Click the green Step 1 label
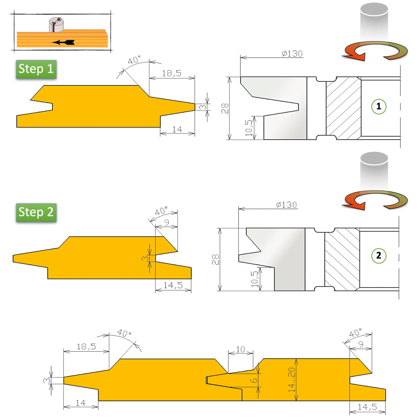[x=36, y=69]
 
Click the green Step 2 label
[x=36, y=212]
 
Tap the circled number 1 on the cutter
[x=378, y=106]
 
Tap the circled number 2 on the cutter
[x=378, y=255]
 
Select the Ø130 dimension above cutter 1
[x=292, y=54]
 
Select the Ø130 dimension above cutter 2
[x=286, y=205]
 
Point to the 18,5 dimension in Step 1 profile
[x=171, y=73]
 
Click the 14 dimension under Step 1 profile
[x=177, y=129]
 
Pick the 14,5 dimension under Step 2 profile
[x=173, y=285]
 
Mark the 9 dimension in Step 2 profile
[x=166, y=223]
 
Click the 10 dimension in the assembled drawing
[x=240, y=349]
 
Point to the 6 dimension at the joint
[x=254, y=380]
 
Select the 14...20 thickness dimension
[x=292, y=380]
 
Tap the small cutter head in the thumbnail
[x=56, y=24]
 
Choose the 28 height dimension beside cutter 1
[x=225, y=108]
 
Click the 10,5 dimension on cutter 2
[x=254, y=279]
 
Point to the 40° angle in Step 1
[x=134, y=60]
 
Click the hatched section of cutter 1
[x=343, y=108]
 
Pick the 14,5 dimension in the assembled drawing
[x=367, y=407]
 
